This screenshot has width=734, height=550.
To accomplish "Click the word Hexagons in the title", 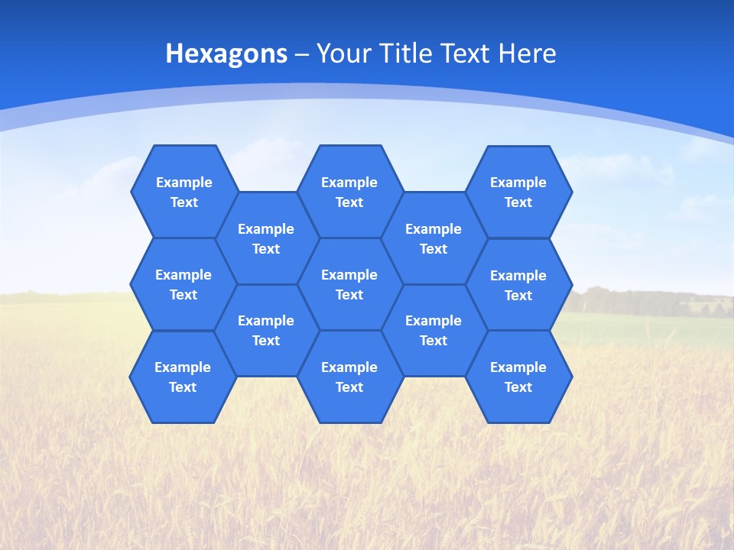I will (x=226, y=53).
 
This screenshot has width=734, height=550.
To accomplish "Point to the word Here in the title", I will (x=527, y=53).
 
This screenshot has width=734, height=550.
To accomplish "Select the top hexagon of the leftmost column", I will (x=183, y=192).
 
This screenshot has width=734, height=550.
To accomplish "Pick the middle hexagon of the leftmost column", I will (x=183, y=284).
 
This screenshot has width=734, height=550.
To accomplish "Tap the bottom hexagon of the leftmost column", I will (x=183, y=377).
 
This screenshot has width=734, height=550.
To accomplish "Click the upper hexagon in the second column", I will (x=266, y=238).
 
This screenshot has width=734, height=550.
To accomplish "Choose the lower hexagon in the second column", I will (x=266, y=330).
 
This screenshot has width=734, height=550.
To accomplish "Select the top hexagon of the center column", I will (x=349, y=192).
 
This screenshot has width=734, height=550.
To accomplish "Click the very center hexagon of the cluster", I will (x=349, y=284).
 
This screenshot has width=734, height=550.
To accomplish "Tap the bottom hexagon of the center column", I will (x=349, y=377).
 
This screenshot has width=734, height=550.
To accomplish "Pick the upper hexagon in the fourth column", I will (x=434, y=238).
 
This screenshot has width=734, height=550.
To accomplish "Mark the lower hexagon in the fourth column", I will (x=434, y=330).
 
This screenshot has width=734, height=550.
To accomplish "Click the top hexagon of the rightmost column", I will (x=518, y=192).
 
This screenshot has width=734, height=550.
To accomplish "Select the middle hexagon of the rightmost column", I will (x=518, y=285).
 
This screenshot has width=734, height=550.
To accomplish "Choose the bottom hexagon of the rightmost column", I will (x=518, y=377).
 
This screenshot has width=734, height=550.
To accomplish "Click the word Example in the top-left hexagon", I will (x=183, y=183).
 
